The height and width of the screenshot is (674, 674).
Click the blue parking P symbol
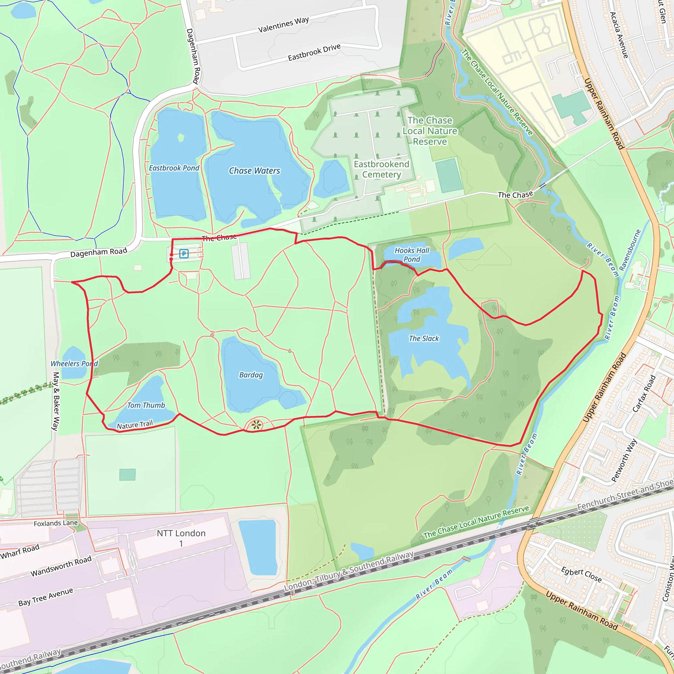(x=184, y=254)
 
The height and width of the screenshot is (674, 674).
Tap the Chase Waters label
(x=254, y=170)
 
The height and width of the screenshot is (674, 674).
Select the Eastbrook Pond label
(x=174, y=168)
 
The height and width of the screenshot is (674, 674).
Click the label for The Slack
(x=424, y=338)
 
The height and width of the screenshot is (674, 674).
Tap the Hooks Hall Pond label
(x=412, y=255)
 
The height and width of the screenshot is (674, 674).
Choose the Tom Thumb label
(x=146, y=405)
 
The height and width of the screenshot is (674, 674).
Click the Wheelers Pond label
(x=74, y=364)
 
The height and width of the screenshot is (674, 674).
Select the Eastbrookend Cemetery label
(x=382, y=169)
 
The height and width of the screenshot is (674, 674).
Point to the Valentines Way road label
(x=283, y=25)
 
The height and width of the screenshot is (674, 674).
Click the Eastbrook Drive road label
(x=314, y=52)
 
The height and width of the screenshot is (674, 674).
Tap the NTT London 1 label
(x=181, y=538)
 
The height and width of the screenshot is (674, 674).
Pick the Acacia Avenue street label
(x=619, y=35)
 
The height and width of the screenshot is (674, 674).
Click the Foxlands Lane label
(x=56, y=523)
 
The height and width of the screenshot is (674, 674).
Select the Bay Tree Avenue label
(x=46, y=597)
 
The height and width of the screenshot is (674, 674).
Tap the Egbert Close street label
(x=581, y=575)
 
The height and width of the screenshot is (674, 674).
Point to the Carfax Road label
(x=644, y=393)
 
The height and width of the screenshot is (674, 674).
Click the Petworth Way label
(x=624, y=460)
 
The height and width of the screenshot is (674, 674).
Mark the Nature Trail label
(x=135, y=425)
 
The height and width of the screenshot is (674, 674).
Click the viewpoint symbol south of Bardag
(x=256, y=425)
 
